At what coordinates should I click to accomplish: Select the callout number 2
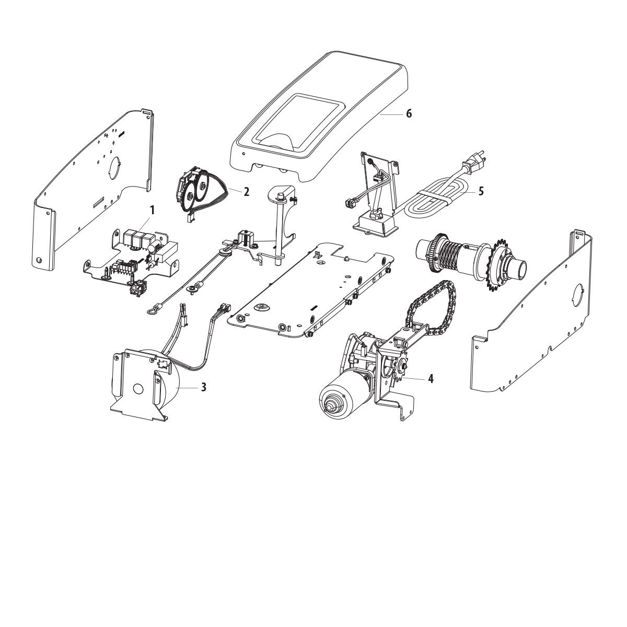coord(246,192)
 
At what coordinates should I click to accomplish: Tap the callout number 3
coord(204,387)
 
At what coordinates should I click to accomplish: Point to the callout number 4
coord(430,379)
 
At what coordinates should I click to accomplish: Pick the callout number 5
coord(480,191)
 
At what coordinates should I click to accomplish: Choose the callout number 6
coord(409,113)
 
